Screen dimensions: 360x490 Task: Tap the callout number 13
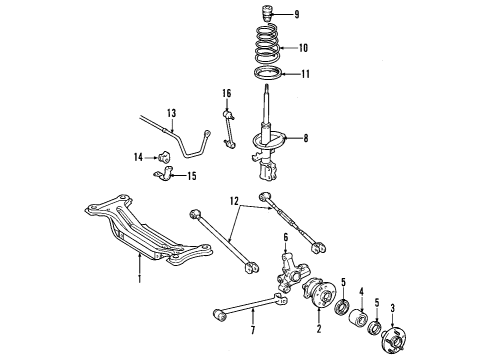click(x=171, y=113)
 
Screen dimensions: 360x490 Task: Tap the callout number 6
click(x=286, y=237)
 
